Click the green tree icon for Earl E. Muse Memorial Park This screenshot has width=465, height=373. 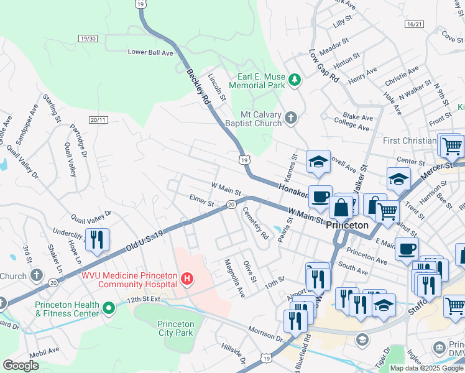(294, 80)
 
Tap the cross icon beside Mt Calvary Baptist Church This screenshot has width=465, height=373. (291, 117)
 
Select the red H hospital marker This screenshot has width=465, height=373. (187, 279)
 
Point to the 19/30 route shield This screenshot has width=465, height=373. (88, 39)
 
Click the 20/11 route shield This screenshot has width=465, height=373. (98, 119)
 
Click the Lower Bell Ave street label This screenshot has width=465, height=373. (150, 53)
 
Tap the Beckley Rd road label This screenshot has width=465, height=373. (200, 86)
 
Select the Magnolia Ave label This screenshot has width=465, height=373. (234, 278)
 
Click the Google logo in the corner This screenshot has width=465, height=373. (21, 366)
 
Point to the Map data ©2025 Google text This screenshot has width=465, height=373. (426, 368)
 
